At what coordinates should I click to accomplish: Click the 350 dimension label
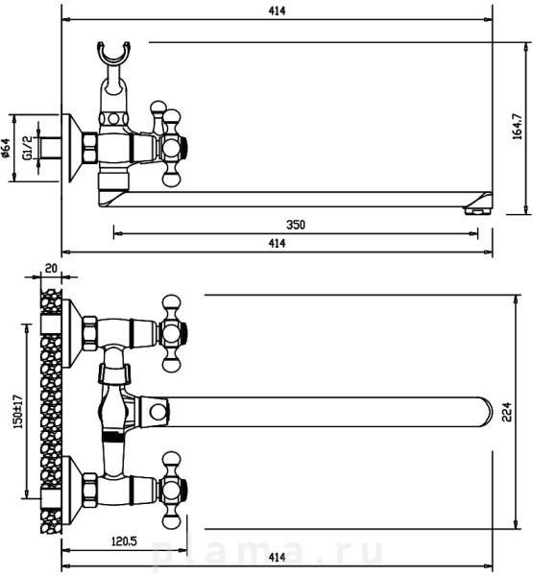296,225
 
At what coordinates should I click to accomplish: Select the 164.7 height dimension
518,127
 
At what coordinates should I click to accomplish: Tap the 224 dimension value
507,412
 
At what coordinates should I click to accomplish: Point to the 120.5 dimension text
124,540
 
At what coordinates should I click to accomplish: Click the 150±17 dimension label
17,412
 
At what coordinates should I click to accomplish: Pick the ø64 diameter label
5,148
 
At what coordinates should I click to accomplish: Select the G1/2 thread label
27,148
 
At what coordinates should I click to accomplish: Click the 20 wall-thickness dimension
51,268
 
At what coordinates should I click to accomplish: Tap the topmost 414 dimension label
277,11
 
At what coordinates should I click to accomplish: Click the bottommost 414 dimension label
277,558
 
